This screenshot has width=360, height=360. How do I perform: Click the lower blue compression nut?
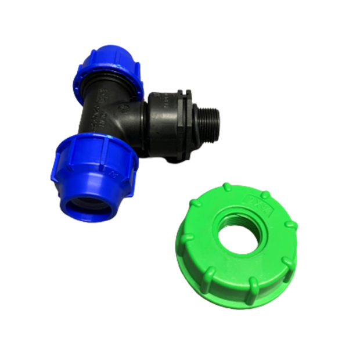(x=96, y=165)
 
